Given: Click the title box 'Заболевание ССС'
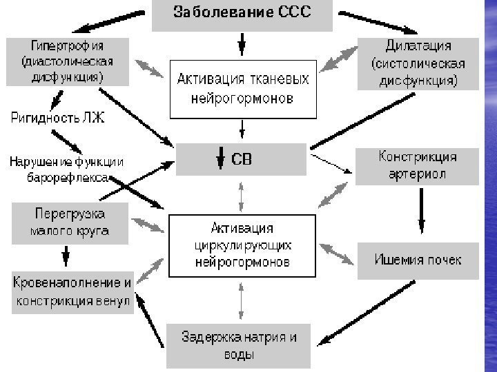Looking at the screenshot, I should pyautogui.click(x=242, y=14).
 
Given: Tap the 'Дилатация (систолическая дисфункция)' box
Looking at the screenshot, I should pyautogui.click(x=418, y=64).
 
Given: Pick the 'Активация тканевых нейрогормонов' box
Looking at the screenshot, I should pyautogui.click(x=241, y=89).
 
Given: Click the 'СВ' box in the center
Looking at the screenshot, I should pyautogui.click(x=241, y=159).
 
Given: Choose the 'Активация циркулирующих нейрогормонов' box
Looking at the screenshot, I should pyautogui.click(x=241, y=246).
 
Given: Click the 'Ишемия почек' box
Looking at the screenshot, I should pyautogui.click(x=418, y=260).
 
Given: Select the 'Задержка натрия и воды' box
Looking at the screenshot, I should pyautogui.click(x=239, y=346).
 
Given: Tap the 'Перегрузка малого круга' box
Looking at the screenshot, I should pyautogui.click(x=68, y=223).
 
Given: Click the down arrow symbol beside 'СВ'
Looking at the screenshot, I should pyautogui.click(x=220, y=160).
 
